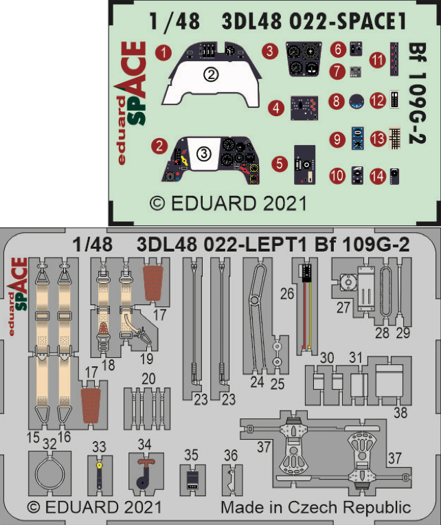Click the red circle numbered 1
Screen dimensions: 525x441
(x=162, y=52)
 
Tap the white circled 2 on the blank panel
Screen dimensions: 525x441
(x=212, y=75)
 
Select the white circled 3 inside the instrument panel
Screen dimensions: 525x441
(x=204, y=155)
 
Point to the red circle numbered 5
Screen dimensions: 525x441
(x=279, y=164)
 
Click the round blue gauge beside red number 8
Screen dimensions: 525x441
(x=356, y=102)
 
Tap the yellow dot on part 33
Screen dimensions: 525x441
(x=100, y=465)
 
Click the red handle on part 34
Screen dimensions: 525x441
(x=144, y=463)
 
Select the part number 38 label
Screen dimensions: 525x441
(x=400, y=413)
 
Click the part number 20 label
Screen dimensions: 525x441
(x=148, y=379)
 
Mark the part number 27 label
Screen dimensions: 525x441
(x=343, y=309)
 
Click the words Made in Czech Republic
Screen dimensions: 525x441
(x=315, y=508)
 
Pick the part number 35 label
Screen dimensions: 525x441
(x=192, y=454)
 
